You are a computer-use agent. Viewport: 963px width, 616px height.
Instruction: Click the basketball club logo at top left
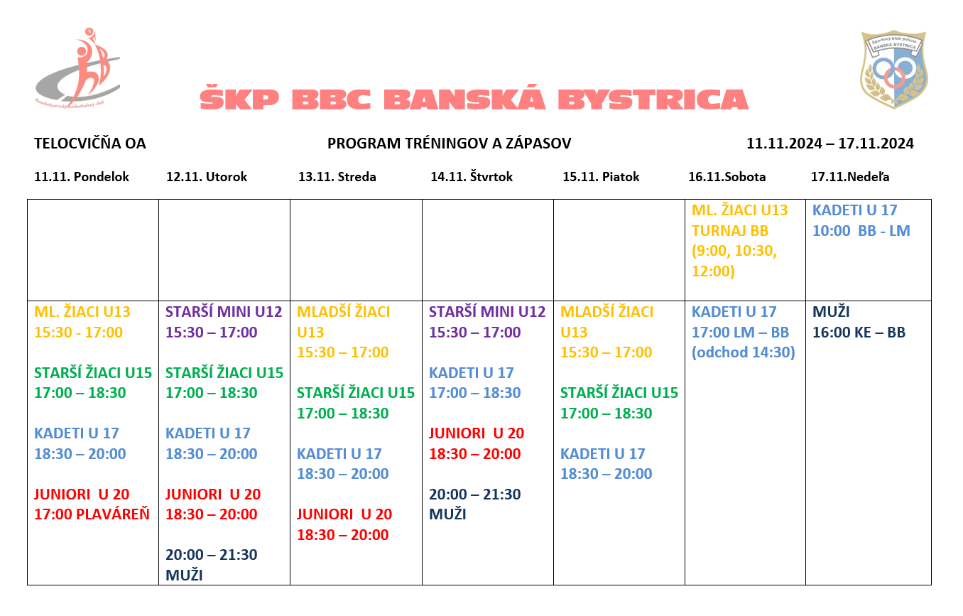[x=77, y=67]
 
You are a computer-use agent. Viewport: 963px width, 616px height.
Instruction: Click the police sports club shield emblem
[x=893, y=69]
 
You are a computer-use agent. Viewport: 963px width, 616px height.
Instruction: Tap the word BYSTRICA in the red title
[x=653, y=99]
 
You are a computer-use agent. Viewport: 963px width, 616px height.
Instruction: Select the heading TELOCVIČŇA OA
[x=90, y=144]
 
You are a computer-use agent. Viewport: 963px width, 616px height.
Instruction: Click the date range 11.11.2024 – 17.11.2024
[x=829, y=144]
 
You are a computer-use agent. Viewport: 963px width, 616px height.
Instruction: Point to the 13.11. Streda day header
[x=337, y=177]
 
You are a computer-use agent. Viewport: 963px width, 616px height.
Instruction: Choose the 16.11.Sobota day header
[x=727, y=177]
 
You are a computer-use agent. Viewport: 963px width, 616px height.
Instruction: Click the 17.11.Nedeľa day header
[x=850, y=177]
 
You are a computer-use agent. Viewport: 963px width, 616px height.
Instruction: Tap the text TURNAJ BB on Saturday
[x=730, y=231]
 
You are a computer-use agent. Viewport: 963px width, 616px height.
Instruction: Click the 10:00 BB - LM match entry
[x=861, y=231]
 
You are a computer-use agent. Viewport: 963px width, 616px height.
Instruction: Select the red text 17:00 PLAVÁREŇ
[x=92, y=514]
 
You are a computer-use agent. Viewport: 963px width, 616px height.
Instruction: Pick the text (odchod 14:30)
[x=744, y=352]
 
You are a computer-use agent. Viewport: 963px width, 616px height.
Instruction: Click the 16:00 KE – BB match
[x=859, y=332]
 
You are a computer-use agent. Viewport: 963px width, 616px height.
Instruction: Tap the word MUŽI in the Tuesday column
[x=184, y=575]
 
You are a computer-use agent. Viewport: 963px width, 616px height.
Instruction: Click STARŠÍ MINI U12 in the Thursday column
[x=487, y=311]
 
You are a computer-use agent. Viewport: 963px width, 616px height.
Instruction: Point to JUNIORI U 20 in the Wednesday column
[x=344, y=514]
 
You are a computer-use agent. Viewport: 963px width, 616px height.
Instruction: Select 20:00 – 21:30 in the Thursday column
[x=474, y=495]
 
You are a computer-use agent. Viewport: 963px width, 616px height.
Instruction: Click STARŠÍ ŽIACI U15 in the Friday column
[x=619, y=393]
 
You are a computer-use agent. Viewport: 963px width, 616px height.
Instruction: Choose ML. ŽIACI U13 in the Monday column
[x=82, y=311]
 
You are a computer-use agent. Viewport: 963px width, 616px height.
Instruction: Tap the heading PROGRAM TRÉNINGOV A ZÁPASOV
[x=450, y=144]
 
